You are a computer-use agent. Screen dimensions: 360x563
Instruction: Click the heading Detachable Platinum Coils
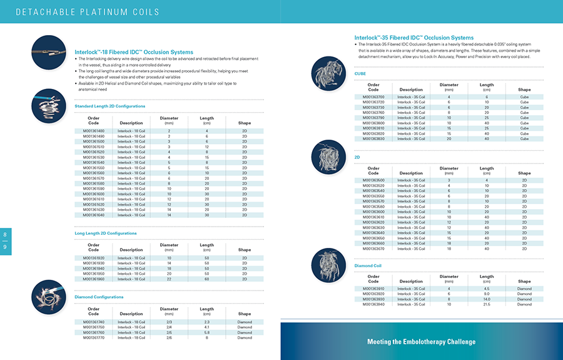(87, 12)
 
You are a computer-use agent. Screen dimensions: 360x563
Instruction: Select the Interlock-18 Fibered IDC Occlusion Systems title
(134, 52)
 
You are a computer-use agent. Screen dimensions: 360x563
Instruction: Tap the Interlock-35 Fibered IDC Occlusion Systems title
(414, 38)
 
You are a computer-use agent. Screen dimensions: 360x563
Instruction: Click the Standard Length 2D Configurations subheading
(110, 106)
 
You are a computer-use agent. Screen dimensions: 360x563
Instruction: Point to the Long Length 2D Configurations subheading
(105, 234)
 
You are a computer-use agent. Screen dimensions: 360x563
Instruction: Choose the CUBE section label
(360, 73)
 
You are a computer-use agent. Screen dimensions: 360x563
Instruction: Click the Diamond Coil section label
(368, 266)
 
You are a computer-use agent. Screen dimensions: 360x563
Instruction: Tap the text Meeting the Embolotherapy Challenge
(421, 342)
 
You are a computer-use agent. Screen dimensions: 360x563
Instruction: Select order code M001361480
(94, 131)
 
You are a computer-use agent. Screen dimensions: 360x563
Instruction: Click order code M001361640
(94, 215)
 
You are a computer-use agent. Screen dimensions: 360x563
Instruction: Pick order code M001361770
(94, 337)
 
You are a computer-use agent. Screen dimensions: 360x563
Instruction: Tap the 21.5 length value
(487, 305)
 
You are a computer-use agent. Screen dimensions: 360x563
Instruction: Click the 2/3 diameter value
(169, 322)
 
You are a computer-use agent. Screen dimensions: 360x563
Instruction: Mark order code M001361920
(94, 258)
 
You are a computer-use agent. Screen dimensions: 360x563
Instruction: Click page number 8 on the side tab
(6, 235)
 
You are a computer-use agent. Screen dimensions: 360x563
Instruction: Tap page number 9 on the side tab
(6, 247)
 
